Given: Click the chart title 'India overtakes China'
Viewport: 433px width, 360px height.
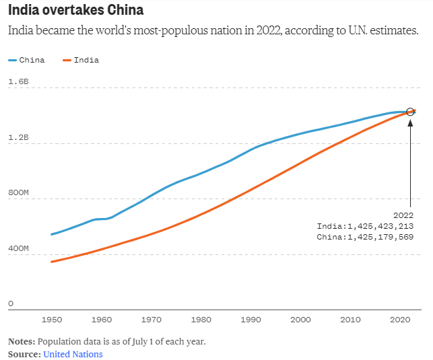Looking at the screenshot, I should pos(75,11).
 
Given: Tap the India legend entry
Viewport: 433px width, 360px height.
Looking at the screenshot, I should pos(81,60).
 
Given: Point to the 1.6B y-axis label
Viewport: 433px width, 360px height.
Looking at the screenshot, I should pos(18,81).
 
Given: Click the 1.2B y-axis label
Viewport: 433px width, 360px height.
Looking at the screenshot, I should pos(18,137).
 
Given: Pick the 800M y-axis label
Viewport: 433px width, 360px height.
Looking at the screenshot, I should pos(18,192).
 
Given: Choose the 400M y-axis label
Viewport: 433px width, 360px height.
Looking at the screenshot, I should pos(18,248).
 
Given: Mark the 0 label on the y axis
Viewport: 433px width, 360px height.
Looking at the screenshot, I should pos(11,303).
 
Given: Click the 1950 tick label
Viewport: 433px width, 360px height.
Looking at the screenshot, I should pos(52,320).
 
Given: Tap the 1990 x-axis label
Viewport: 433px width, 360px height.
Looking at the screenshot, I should pos(251,320).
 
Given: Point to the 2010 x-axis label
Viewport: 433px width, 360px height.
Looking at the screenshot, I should pos(351,320).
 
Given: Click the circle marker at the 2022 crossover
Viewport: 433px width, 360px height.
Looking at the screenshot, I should pos(410,112).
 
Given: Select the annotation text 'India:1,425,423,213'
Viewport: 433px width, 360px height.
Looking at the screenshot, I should pos(365,226).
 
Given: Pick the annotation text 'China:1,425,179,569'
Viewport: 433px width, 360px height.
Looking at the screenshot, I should pos(365,237).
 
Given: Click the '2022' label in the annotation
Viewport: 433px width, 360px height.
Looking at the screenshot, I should pos(403,215).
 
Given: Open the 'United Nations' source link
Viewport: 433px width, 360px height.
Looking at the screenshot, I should pos(73,354).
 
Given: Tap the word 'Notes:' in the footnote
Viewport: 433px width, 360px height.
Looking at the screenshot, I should pos(22,341).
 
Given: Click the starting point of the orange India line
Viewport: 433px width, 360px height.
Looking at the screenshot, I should pos(52,261).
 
